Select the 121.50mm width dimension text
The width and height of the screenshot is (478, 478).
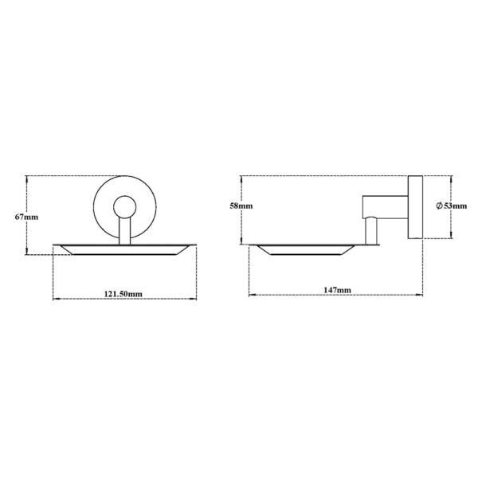[123, 293]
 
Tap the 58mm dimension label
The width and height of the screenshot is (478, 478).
[241, 206]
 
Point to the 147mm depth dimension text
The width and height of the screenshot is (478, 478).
[338, 289]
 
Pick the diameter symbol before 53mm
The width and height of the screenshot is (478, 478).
[439, 206]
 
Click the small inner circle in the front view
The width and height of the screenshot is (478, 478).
[123, 209]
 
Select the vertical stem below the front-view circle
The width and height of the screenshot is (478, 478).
[123, 233]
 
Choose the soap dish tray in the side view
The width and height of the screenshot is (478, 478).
[304, 249]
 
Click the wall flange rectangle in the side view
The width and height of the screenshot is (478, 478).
[414, 206]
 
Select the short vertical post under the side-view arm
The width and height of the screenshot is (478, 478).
[370, 231]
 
